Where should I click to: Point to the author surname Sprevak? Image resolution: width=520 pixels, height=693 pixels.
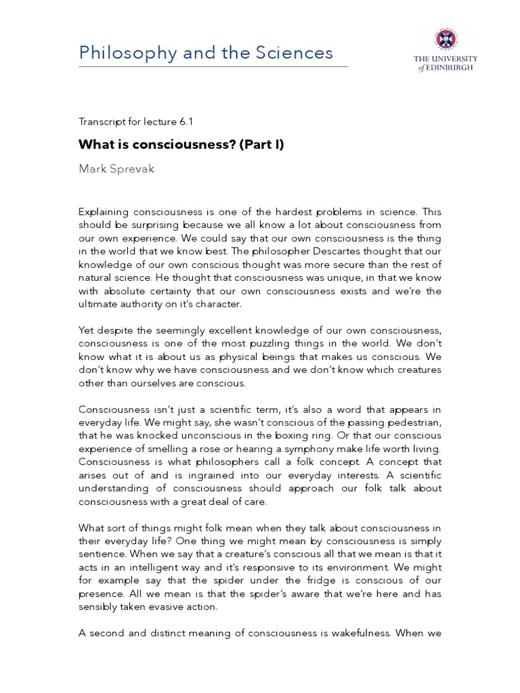[133, 169]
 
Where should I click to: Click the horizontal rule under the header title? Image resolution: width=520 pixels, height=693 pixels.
[214, 66]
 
